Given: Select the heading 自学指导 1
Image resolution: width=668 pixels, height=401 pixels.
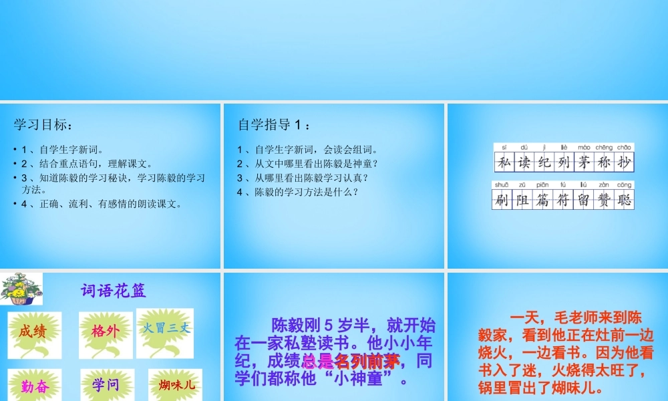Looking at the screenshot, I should pos(274,124).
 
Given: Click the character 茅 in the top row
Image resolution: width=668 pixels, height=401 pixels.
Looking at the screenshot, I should pos(584,162).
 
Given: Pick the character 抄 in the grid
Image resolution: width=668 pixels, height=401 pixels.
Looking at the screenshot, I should pos(624,162).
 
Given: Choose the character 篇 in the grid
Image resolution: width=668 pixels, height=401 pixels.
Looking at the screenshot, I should pos(544,199).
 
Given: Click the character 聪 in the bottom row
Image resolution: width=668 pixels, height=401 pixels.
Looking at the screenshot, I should pos(624,199).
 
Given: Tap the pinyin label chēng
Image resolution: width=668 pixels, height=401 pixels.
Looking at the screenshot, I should pos(603,147).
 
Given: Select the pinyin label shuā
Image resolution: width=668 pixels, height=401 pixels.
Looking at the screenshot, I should pos(502,184).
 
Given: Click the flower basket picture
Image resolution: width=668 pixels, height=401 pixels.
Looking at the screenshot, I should pos(21,289).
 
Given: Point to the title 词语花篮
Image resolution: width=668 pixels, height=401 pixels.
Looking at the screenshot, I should pos(113,291).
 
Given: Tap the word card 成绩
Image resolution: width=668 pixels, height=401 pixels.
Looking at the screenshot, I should pos(32,330).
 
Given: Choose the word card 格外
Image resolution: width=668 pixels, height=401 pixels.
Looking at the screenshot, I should pos(106,330).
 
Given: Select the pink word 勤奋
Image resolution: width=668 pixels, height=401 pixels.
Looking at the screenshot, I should pos(35,386).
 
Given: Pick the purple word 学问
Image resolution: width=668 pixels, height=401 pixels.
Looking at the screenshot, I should pos(106,385).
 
